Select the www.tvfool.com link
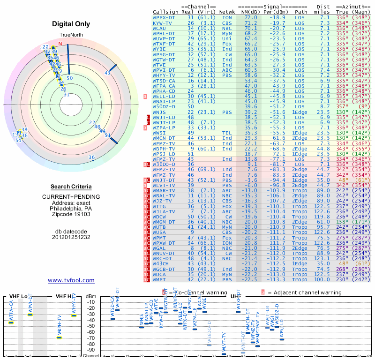pyautogui.click(x=71, y=280)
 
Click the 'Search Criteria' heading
pyautogui.click(x=72, y=187)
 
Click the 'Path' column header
pyautogui.click(x=301, y=12)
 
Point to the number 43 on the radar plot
pyautogui.click(x=107, y=73)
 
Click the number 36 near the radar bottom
pyautogui.click(x=92, y=157)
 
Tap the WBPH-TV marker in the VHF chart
pyautogui.click(x=60, y=337)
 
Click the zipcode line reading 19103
pyautogui.click(x=72, y=214)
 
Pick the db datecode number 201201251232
pyautogui.click(x=72, y=237)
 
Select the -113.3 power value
pyautogui.click(x=280, y=280)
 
